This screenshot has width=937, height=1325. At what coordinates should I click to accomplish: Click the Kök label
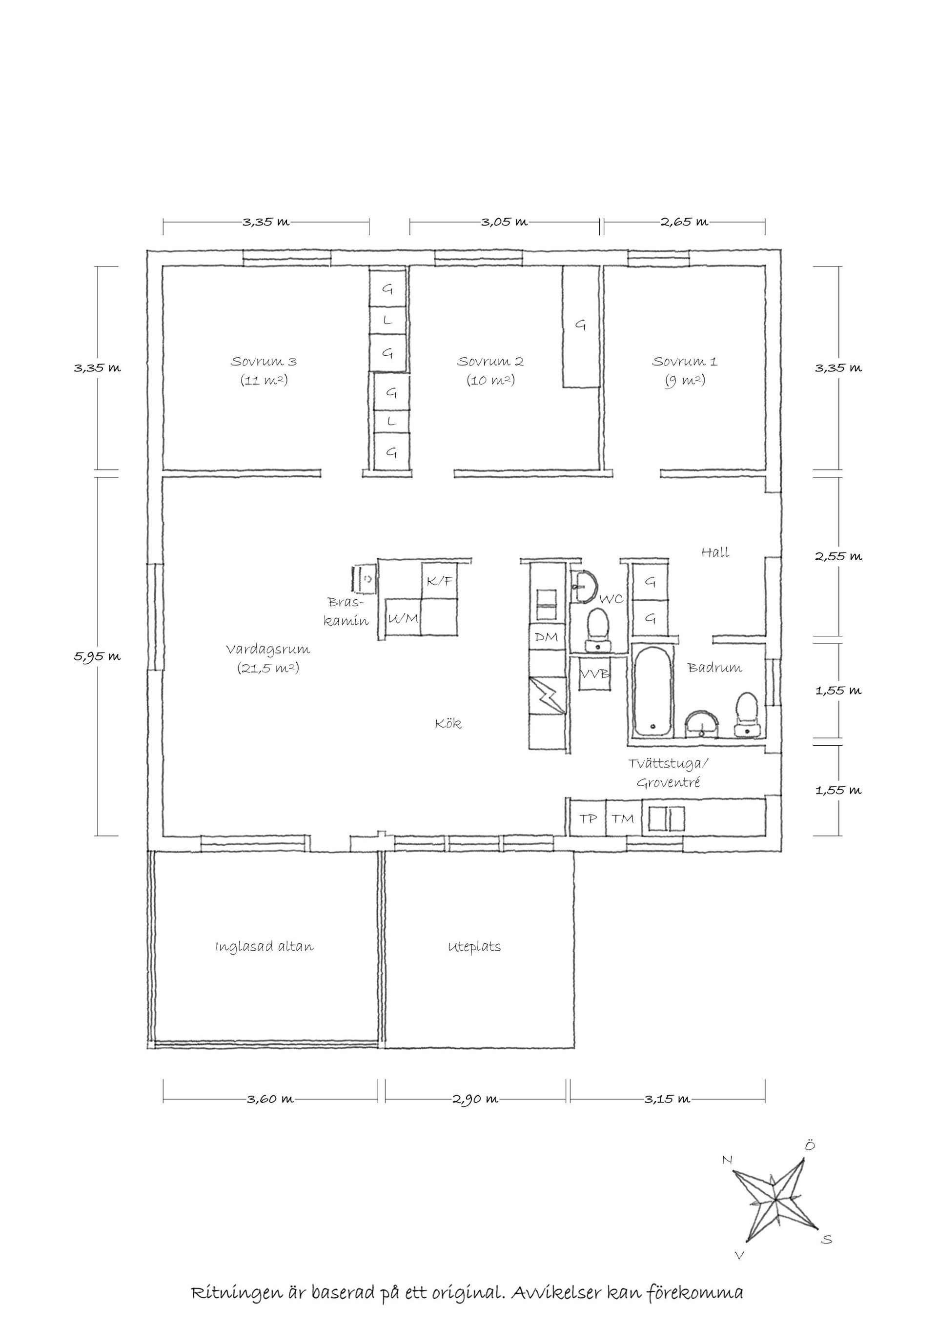point(448,724)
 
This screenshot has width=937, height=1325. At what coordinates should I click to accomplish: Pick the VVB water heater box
point(594,673)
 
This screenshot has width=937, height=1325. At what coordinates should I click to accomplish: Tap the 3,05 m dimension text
point(504,222)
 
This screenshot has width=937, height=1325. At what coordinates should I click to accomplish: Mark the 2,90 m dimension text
point(475,1100)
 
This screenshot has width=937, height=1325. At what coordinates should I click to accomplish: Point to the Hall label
point(715,552)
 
